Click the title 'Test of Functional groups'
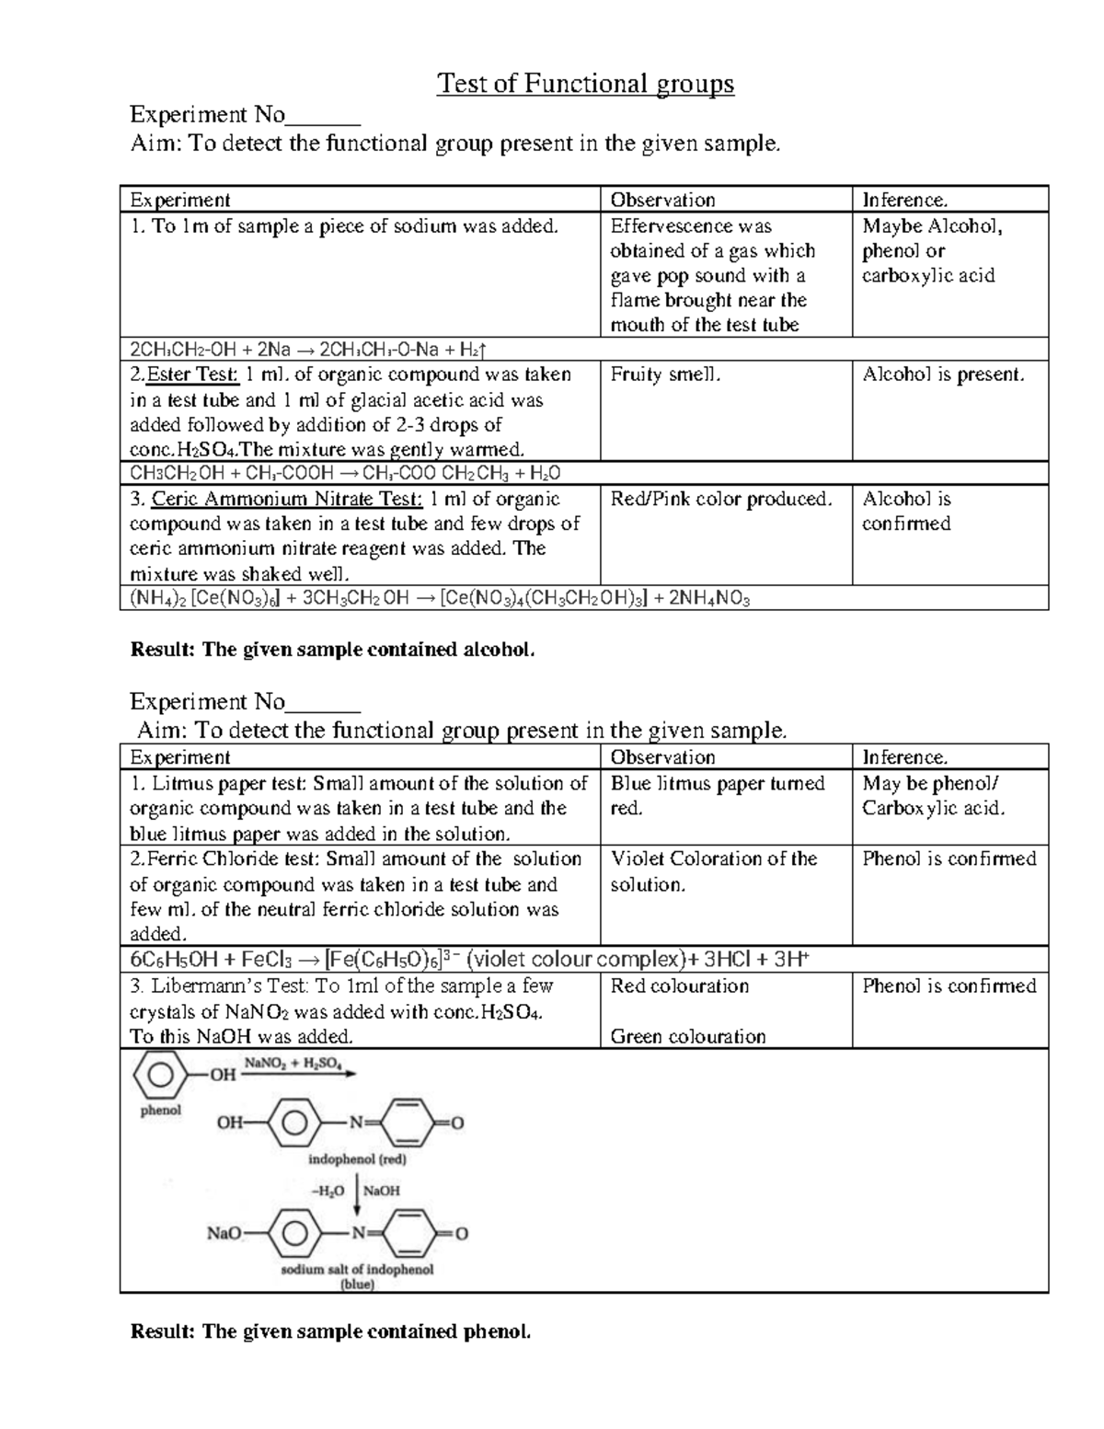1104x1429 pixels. pyautogui.click(x=585, y=84)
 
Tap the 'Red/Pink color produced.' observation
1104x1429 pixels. pyautogui.click(x=720, y=499)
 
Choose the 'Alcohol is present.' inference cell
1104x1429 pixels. pyautogui.click(x=942, y=375)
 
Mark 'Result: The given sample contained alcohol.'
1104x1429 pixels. pyautogui.click(x=332, y=650)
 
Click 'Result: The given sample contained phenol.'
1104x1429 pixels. pyautogui.click(x=330, y=1331)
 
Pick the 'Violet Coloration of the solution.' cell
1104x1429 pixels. pyautogui.click(x=713, y=870)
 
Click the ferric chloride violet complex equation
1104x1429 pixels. pyautogui.click(x=469, y=960)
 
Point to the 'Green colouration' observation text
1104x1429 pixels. pyautogui.click(x=687, y=1036)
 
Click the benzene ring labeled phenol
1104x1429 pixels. pyautogui.click(x=159, y=1074)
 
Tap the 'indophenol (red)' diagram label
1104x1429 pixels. pyautogui.click(x=357, y=1159)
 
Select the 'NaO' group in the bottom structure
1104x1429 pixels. pyautogui.click(x=224, y=1233)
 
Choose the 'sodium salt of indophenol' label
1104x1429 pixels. pyautogui.click(x=357, y=1269)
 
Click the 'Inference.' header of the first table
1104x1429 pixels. pyautogui.click(x=904, y=200)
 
